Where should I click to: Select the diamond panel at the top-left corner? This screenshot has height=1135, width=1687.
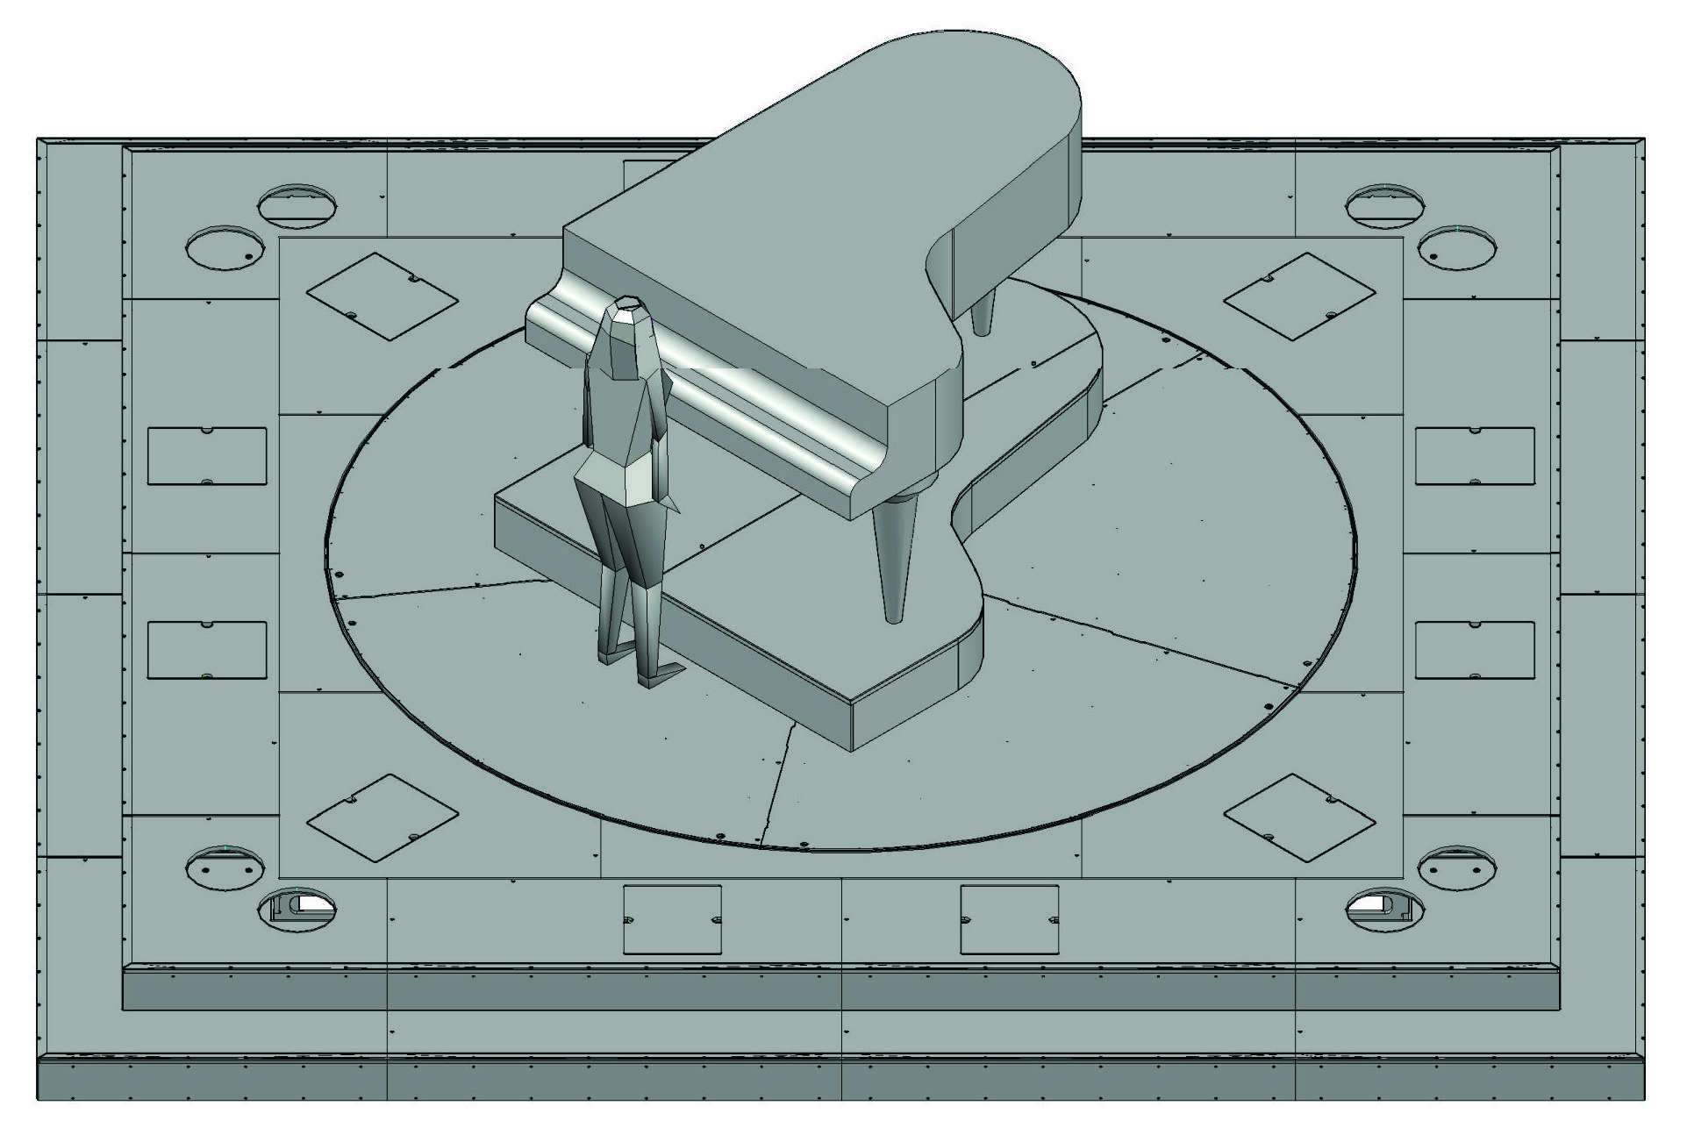tap(382, 296)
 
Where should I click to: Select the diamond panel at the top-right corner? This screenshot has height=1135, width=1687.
tap(1299, 296)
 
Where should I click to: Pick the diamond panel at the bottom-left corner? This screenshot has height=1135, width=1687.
tap(382, 817)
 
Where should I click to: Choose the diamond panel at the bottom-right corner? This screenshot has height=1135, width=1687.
tap(1299, 817)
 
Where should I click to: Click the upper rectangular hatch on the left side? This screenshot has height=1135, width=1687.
tap(206, 456)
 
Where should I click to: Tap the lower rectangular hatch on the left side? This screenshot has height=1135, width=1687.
tap(206, 650)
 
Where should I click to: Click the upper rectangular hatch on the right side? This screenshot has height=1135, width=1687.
tap(1475, 456)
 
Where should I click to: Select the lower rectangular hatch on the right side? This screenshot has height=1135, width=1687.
tap(1475, 650)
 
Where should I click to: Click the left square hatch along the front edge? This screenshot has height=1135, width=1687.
tap(672, 919)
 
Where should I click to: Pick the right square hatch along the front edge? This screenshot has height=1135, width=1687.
tap(1009, 919)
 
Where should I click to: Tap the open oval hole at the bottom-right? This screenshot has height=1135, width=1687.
tap(1383, 910)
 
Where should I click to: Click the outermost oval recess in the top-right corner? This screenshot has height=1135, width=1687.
tap(1457, 247)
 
